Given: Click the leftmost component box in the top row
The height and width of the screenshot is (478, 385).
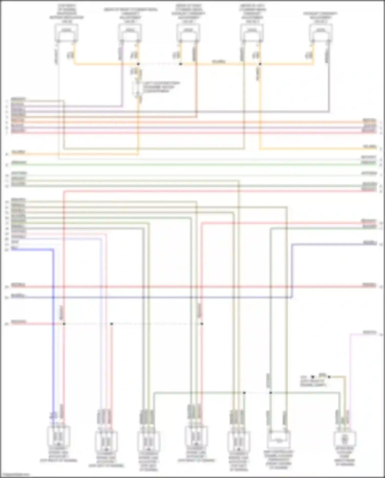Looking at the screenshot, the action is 66,33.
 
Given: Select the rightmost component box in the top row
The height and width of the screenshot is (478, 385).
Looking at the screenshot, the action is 321,33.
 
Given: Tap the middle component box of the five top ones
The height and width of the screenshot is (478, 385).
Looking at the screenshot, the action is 188,33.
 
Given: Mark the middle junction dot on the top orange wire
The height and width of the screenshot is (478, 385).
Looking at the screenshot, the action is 180,64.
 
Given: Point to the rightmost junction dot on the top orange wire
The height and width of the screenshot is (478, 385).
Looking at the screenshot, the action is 260,64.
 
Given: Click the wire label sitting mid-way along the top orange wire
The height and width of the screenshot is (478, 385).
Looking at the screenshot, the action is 219,62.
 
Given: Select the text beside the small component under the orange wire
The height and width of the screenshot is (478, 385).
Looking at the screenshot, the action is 161,87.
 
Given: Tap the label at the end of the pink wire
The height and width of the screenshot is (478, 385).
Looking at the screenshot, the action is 369,332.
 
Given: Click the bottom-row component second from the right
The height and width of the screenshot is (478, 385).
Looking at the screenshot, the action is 278,440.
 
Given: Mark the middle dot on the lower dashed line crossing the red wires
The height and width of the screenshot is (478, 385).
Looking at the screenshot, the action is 111,324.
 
